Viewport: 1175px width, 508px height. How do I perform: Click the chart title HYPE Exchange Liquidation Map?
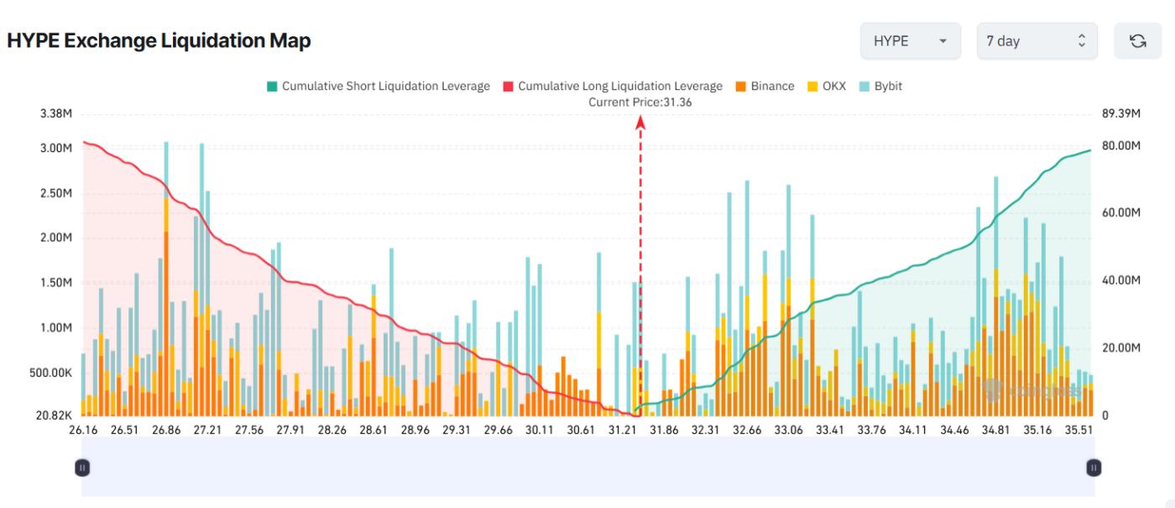(x=159, y=40)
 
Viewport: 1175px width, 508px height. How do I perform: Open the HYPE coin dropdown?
(x=910, y=40)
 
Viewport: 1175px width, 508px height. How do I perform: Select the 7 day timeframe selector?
(x=1036, y=40)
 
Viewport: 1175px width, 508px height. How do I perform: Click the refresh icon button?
(x=1137, y=40)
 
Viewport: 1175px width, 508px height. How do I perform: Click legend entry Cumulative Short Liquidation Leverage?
(x=378, y=86)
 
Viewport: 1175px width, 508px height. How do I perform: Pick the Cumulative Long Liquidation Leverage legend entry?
(x=613, y=86)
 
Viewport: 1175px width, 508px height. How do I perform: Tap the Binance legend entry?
(x=765, y=86)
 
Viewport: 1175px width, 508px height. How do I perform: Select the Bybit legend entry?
(x=880, y=86)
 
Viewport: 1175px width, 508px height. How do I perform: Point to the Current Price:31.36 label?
(x=640, y=102)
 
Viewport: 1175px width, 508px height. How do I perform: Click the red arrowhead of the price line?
(x=640, y=122)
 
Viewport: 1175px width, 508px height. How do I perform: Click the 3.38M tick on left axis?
(x=55, y=114)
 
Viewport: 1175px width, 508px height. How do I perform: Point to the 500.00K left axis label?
(x=49, y=372)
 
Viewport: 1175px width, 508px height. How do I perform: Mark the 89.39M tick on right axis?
(x=1120, y=114)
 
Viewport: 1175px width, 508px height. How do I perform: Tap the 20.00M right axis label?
(x=1120, y=348)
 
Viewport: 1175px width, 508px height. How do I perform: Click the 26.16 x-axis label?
(x=83, y=430)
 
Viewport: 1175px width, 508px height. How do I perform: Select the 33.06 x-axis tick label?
(x=788, y=430)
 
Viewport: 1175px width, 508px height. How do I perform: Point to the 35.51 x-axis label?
(x=1078, y=430)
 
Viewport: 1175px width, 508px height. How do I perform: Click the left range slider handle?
(x=81, y=467)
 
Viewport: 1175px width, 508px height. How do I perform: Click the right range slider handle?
(x=1094, y=467)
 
